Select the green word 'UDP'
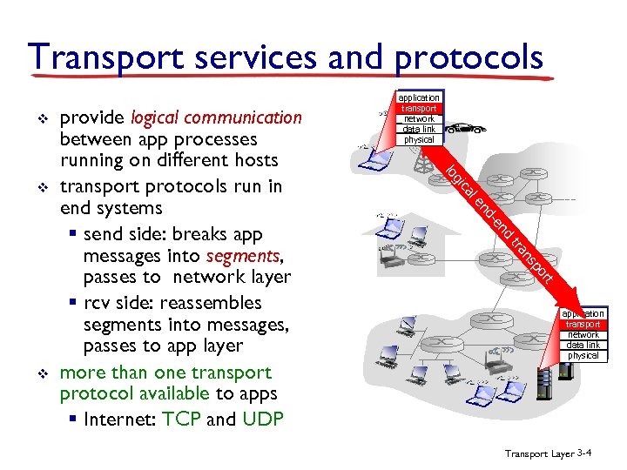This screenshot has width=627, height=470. coord(263,419)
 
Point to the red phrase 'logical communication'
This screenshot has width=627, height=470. coord(215,117)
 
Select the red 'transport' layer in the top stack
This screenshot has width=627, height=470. coord(419,108)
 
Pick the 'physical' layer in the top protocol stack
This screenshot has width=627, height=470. coord(419,139)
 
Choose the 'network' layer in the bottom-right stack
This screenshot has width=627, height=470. coord(583,334)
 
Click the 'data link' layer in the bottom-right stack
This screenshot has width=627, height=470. coord(583,345)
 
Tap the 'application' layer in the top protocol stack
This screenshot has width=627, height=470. coord(419,97)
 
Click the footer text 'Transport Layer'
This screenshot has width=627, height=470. coord(539,453)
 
